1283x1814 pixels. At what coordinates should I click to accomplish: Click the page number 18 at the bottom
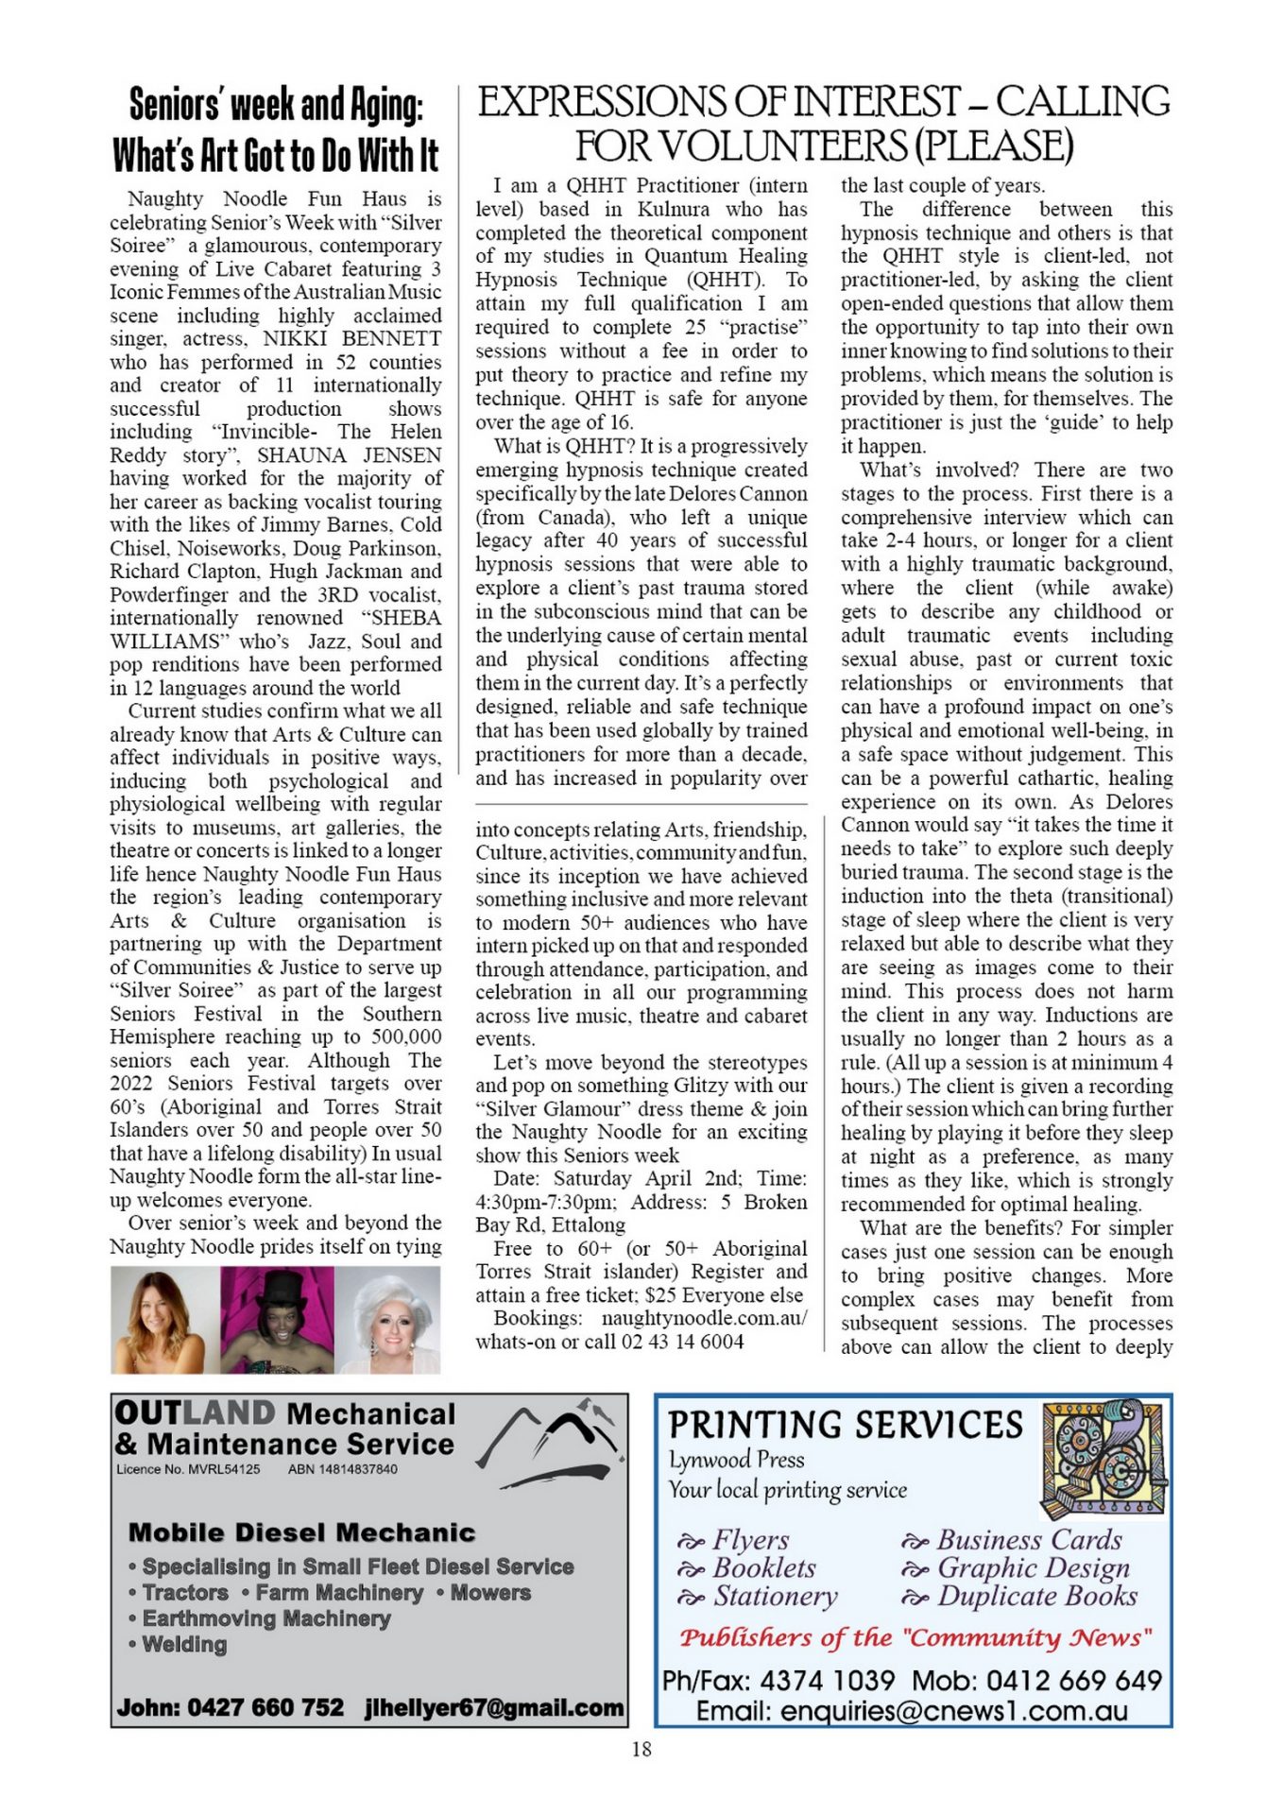641,1749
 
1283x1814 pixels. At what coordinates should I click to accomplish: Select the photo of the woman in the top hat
277,1320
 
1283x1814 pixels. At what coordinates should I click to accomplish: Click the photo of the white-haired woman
389,1320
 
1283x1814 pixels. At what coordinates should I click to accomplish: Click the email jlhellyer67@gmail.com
494,1707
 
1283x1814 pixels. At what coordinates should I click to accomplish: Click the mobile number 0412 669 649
1074,1681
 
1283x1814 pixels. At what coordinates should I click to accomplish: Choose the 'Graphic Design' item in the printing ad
1033,1568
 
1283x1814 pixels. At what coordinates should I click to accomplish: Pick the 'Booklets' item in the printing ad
763,1568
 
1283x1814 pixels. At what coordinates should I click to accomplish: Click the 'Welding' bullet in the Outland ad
184,1645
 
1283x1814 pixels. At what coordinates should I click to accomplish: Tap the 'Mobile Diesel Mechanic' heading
301,1532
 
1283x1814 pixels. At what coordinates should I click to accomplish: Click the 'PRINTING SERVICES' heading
846,1425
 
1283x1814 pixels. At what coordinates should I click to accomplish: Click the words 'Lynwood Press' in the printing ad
737,1460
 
